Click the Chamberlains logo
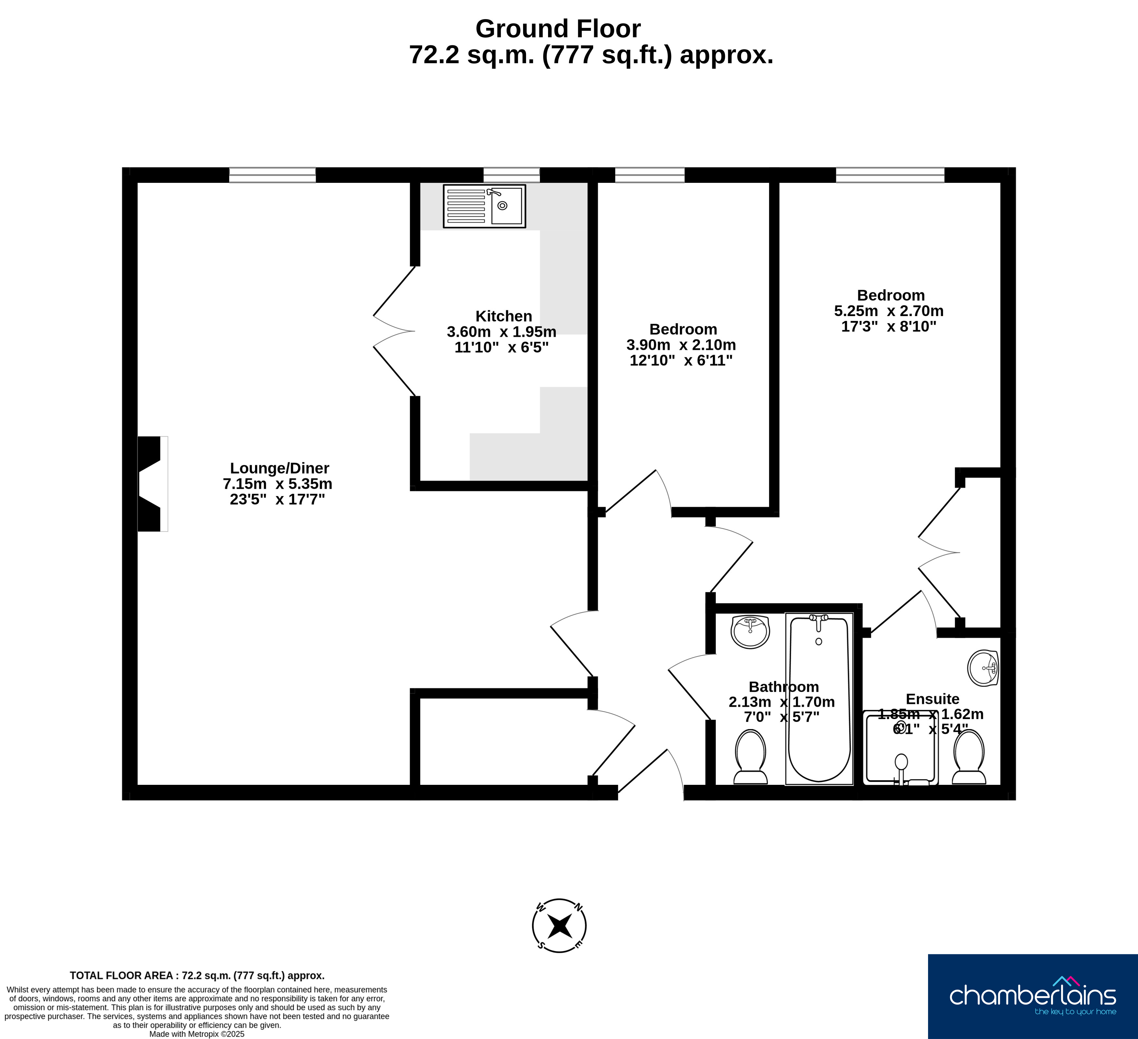(1033, 997)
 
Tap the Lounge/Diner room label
(279, 468)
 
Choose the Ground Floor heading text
(558, 29)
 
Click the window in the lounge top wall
(272, 175)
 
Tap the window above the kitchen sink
(511, 175)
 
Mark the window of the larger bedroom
(890, 175)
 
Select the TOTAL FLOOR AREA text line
(197, 975)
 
